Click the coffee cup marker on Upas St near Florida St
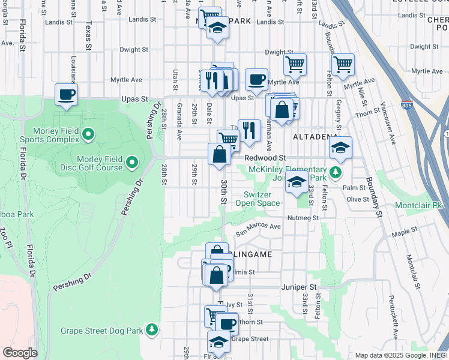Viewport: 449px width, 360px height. pos(66,94)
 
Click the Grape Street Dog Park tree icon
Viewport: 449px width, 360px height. pos(152,330)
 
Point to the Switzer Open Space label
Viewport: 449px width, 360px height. pos(261,199)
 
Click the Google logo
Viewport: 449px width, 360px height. pos(20,353)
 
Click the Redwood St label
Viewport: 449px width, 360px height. pos(265,157)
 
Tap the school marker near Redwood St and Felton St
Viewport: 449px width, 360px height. pos(340,148)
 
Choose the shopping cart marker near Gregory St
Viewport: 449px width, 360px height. pos(342,64)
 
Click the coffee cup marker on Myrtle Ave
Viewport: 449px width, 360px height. pos(256,79)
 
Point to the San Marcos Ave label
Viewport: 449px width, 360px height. pos(258,229)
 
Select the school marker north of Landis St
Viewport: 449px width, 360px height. pos(217,28)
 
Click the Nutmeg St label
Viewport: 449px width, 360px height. pos(303,218)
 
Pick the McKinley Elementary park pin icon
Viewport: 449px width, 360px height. pos(335,173)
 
